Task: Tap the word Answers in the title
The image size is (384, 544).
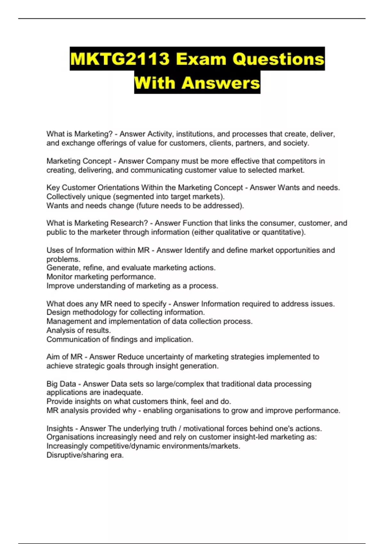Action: pos(221,83)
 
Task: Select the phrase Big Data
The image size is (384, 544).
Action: pos(61,384)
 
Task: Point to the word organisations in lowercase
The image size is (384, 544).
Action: pos(196,411)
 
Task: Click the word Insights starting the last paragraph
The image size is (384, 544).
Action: pos(60,428)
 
